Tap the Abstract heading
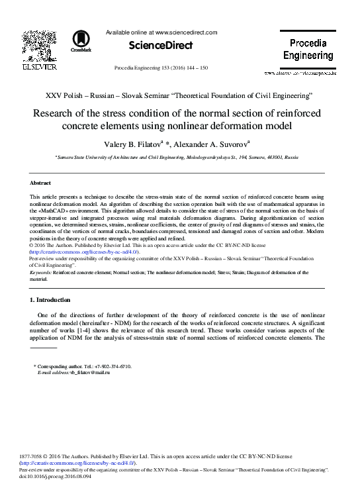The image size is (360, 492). tap(41, 181)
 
